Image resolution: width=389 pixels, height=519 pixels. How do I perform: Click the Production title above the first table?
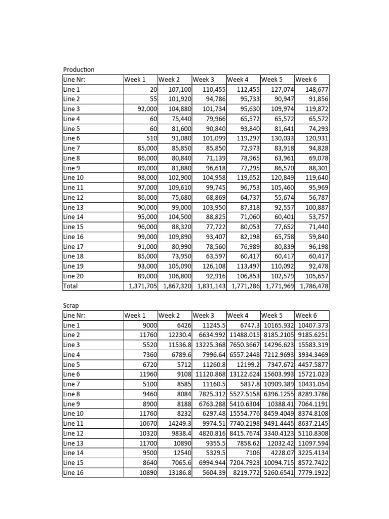point(79,69)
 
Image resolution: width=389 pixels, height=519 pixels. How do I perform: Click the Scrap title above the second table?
point(71,306)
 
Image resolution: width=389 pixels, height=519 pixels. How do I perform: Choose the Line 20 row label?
point(73,276)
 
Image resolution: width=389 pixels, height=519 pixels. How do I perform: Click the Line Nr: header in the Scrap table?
point(74,316)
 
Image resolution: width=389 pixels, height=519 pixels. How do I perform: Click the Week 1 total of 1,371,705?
point(144,286)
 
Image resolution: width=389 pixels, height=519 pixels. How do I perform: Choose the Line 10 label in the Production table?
point(73,178)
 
